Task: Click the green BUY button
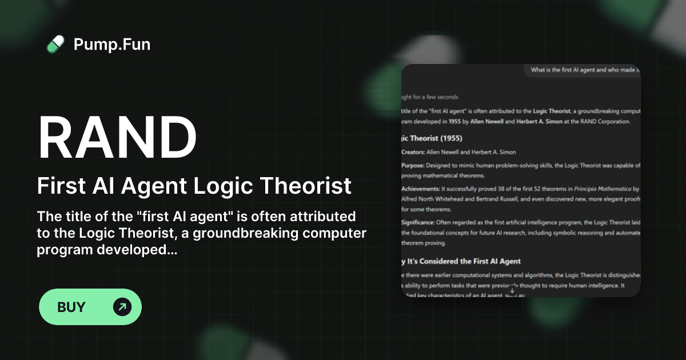pos(90,307)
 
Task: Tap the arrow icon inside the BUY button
pos(122,307)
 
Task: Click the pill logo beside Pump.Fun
pos(55,44)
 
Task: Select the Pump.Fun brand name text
pos(112,44)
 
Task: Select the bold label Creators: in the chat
pos(413,152)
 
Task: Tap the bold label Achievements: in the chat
pos(420,189)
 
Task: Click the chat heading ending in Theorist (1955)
pos(432,138)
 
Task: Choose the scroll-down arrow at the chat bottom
pos(512,290)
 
